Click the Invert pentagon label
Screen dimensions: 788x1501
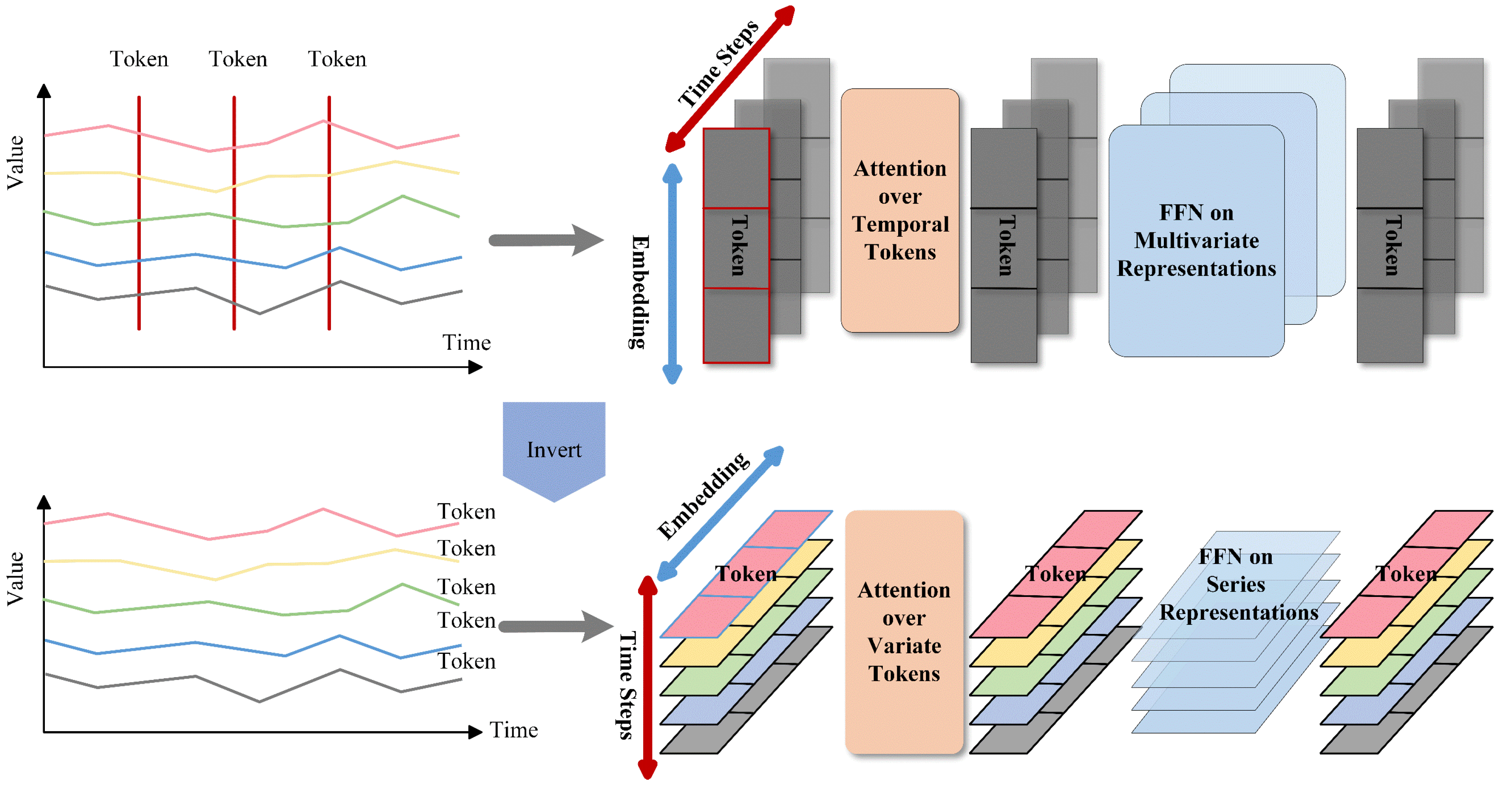pyautogui.click(x=553, y=449)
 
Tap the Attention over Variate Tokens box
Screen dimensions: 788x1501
pyautogui.click(x=904, y=632)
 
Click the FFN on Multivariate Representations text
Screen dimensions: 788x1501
pyautogui.click(x=1196, y=240)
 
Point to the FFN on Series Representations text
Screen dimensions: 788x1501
pyautogui.click(x=1237, y=584)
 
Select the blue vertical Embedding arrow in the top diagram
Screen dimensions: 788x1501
pyautogui.click(x=672, y=274)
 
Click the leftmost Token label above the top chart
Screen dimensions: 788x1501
pyautogui.click(x=139, y=59)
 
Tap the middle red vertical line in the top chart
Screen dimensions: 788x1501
pyautogui.click(x=234, y=213)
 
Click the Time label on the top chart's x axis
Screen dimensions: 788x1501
pyautogui.click(x=466, y=342)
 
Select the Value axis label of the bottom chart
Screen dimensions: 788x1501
pyautogui.click(x=15, y=578)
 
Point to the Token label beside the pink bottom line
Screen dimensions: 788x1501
pyautogui.click(x=466, y=511)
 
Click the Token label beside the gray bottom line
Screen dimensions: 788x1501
pyautogui.click(x=466, y=661)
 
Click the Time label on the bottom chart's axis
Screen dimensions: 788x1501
pyautogui.click(x=513, y=730)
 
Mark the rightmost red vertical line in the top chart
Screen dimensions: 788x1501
pyautogui.click(x=329, y=213)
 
